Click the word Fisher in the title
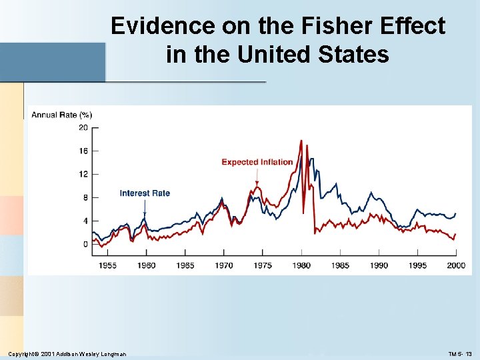point(330,27)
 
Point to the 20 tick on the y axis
point(84,127)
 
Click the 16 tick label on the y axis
point(84,151)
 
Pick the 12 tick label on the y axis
point(84,174)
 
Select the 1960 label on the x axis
point(146,265)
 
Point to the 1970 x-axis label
point(224,265)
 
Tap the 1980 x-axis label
point(301,265)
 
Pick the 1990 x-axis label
point(379,265)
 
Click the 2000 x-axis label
point(456,265)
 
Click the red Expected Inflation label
point(257,162)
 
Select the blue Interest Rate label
point(145,193)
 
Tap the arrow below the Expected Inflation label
point(257,177)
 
